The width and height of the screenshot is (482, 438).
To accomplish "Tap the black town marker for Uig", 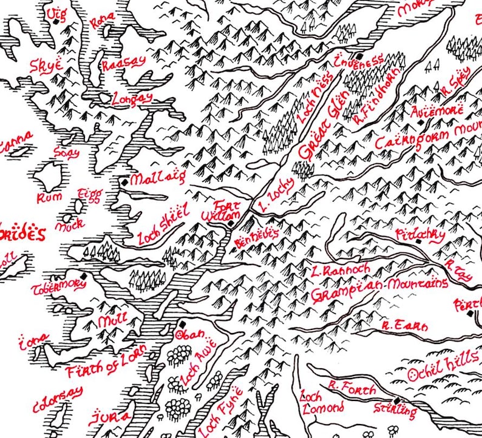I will click(x=56, y=21).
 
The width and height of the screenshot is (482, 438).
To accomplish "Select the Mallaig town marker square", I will click(x=124, y=181).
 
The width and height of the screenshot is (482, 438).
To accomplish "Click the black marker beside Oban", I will click(x=182, y=325).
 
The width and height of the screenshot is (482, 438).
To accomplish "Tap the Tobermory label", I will click(x=58, y=285).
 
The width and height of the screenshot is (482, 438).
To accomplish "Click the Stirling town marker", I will click(x=396, y=401).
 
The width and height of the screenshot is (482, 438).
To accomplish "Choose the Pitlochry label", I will click(x=420, y=234).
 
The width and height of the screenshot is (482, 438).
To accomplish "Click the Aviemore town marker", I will click(x=419, y=123).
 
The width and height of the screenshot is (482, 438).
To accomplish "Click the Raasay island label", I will click(x=124, y=64).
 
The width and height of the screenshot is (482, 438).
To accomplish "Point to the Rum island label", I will click(x=46, y=197).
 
